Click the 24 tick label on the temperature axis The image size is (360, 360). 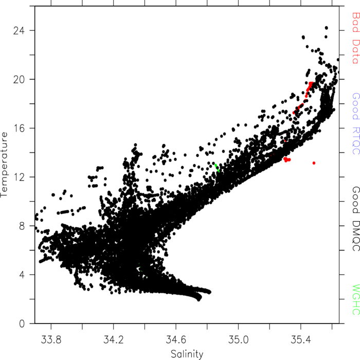(19, 30)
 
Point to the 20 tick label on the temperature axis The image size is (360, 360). (19, 79)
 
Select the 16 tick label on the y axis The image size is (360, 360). (19, 128)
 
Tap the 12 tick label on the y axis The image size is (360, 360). (19, 177)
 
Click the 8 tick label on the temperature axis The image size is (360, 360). (22, 226)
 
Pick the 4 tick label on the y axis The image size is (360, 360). (22, 275)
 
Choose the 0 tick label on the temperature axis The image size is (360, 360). (22, 323)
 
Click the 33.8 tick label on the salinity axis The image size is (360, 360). (51, 339)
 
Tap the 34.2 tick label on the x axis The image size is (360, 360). (114, 339)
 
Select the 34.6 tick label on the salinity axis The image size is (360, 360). (176, 339)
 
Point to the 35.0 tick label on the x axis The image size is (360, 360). (238, 339)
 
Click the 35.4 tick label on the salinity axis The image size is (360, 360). (301, 339)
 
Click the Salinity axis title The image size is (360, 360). (187, 354)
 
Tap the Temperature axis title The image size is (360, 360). (4, 165)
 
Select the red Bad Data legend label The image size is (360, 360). (356, 38)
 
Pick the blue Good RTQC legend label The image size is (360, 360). (356, 124)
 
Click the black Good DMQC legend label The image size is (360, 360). (356, 219)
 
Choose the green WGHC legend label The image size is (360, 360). (356, 300)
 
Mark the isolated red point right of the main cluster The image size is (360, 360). (314, 163)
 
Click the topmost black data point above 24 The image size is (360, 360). (326, 28)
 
